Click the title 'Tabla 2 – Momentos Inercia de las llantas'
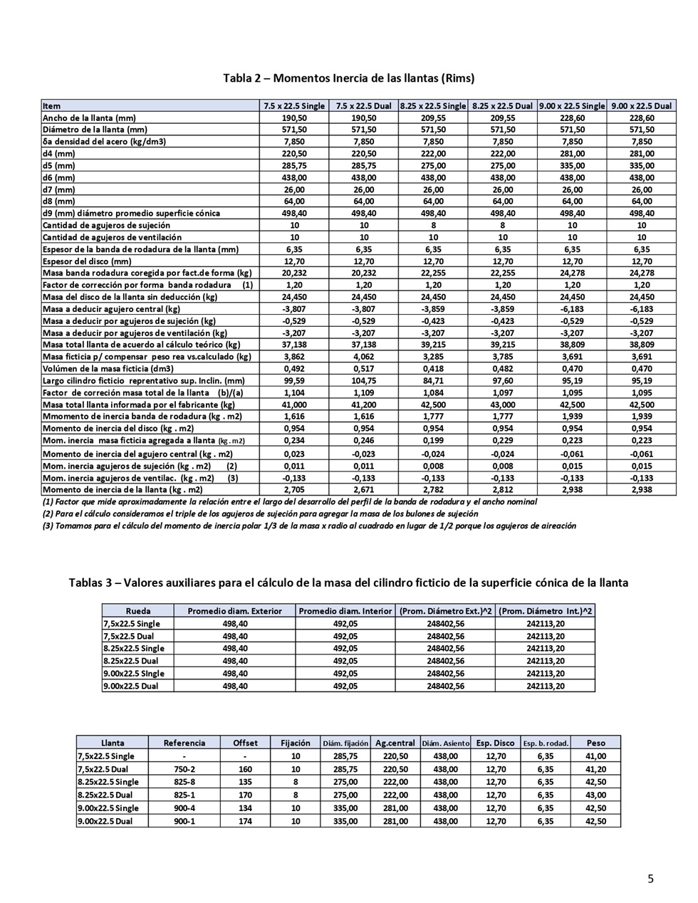(348, 78)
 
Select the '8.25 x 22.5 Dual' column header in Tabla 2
(502, 105)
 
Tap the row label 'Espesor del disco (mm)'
(87, 261)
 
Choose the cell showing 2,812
(502, 490)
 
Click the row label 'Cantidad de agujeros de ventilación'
(112, 237)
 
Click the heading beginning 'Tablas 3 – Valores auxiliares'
(348, 583)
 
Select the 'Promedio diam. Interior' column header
(345, 611)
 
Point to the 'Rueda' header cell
(138, 611)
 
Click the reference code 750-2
(184, 769)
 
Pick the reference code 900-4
(184, 808)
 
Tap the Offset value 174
(245, 821)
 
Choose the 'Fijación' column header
(296, 743)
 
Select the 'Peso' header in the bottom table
(595, 743)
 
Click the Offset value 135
(245, 782)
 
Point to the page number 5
(650, 878)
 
